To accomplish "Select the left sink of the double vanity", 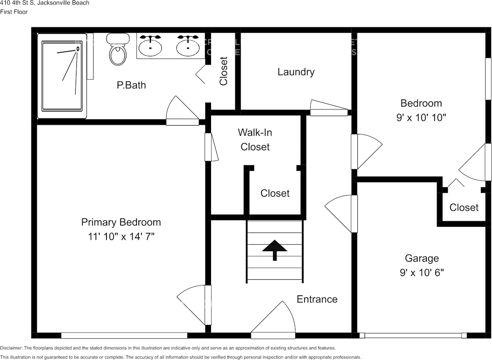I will [150, 46].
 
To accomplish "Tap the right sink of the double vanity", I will [188, 46].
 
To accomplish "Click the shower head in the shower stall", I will [78, 48].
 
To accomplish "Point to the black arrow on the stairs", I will [274, 250].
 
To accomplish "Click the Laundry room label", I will [296, 72].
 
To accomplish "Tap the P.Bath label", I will [131, 85].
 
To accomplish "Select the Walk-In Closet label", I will [255, 139].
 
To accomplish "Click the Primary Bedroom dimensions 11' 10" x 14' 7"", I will [121, 237].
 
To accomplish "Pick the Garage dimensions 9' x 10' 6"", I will [422, 272].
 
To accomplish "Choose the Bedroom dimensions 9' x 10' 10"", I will [421, 117].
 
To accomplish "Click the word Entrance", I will [317, 299].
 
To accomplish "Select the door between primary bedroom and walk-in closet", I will [211, 147].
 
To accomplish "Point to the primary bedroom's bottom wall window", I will [124, 335].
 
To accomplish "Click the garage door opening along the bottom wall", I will [413, 335].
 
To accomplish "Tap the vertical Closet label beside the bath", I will [224, 71].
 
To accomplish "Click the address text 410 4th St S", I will [16, 3].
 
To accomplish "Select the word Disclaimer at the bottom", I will [11, 348].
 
